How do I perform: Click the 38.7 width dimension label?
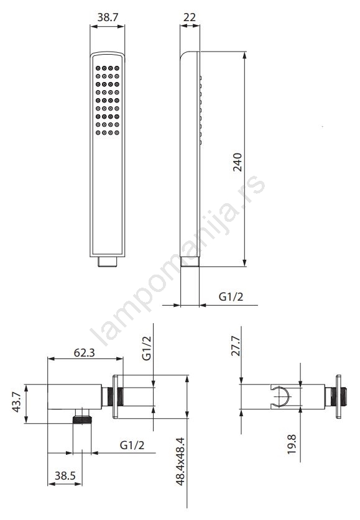tap(108, 17)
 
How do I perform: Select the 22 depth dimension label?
tap(190, 17)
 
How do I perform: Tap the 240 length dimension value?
tap(238, 162)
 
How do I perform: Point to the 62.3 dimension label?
tap(85, 352)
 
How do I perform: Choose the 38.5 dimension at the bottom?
tap(65, 476)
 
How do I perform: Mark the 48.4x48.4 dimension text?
tap(180, 462)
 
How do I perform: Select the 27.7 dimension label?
tap(236, 346)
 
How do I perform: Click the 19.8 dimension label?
tap(292, 444)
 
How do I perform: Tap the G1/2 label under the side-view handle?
tap(231, 296)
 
